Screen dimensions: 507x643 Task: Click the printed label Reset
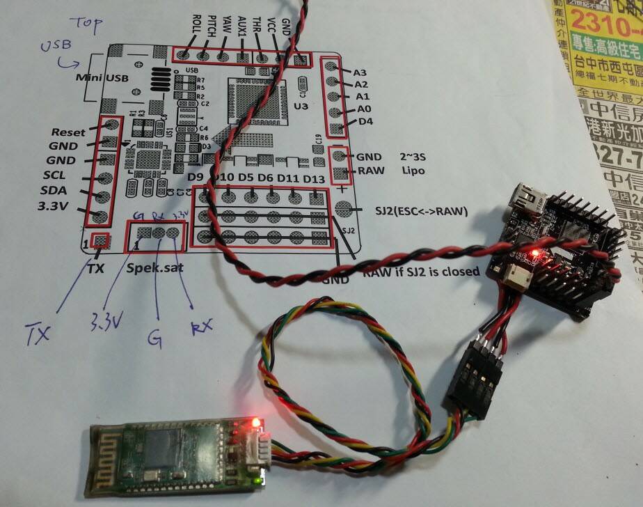[x=68, y=132]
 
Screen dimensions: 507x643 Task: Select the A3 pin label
[x=360, y=72]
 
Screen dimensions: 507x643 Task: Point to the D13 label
[x=315, y=179]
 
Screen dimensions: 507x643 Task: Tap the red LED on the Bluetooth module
[x=256, y=422]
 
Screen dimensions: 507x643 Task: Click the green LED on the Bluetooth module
[x=260, y=479]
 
